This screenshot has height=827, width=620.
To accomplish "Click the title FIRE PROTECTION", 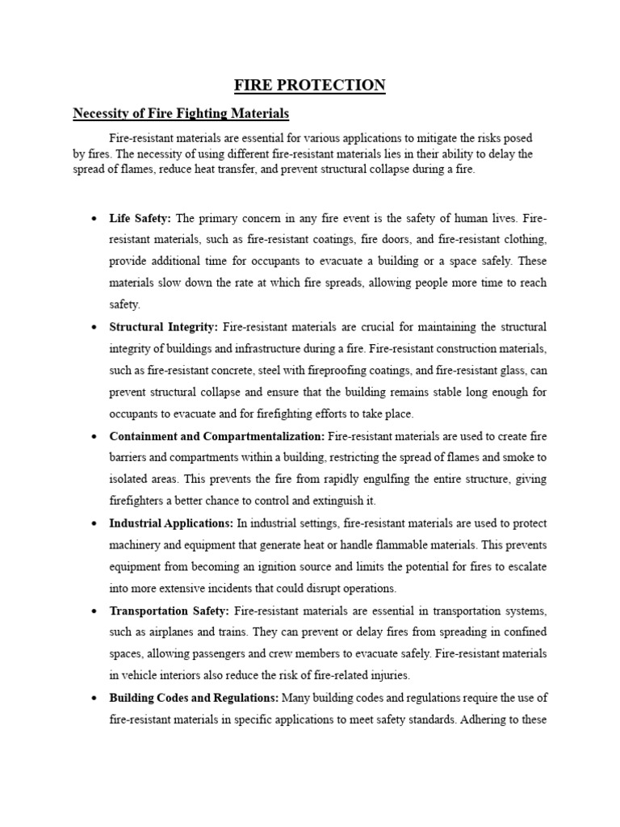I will [x=310, y=85].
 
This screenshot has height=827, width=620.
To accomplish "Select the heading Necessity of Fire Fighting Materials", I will [x=181, y=113].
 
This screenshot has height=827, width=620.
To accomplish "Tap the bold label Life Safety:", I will [x=140, y=218].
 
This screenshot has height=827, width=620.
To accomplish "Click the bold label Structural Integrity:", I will [x=164, y=327].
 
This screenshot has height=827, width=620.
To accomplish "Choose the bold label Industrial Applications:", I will [x=171, y=523].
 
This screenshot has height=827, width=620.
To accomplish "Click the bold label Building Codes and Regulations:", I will [x=194, y=698].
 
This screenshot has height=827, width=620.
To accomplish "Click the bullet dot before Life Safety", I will [x=94, y=219].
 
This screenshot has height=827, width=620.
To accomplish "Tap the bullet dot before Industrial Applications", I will [x=94, y=524].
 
